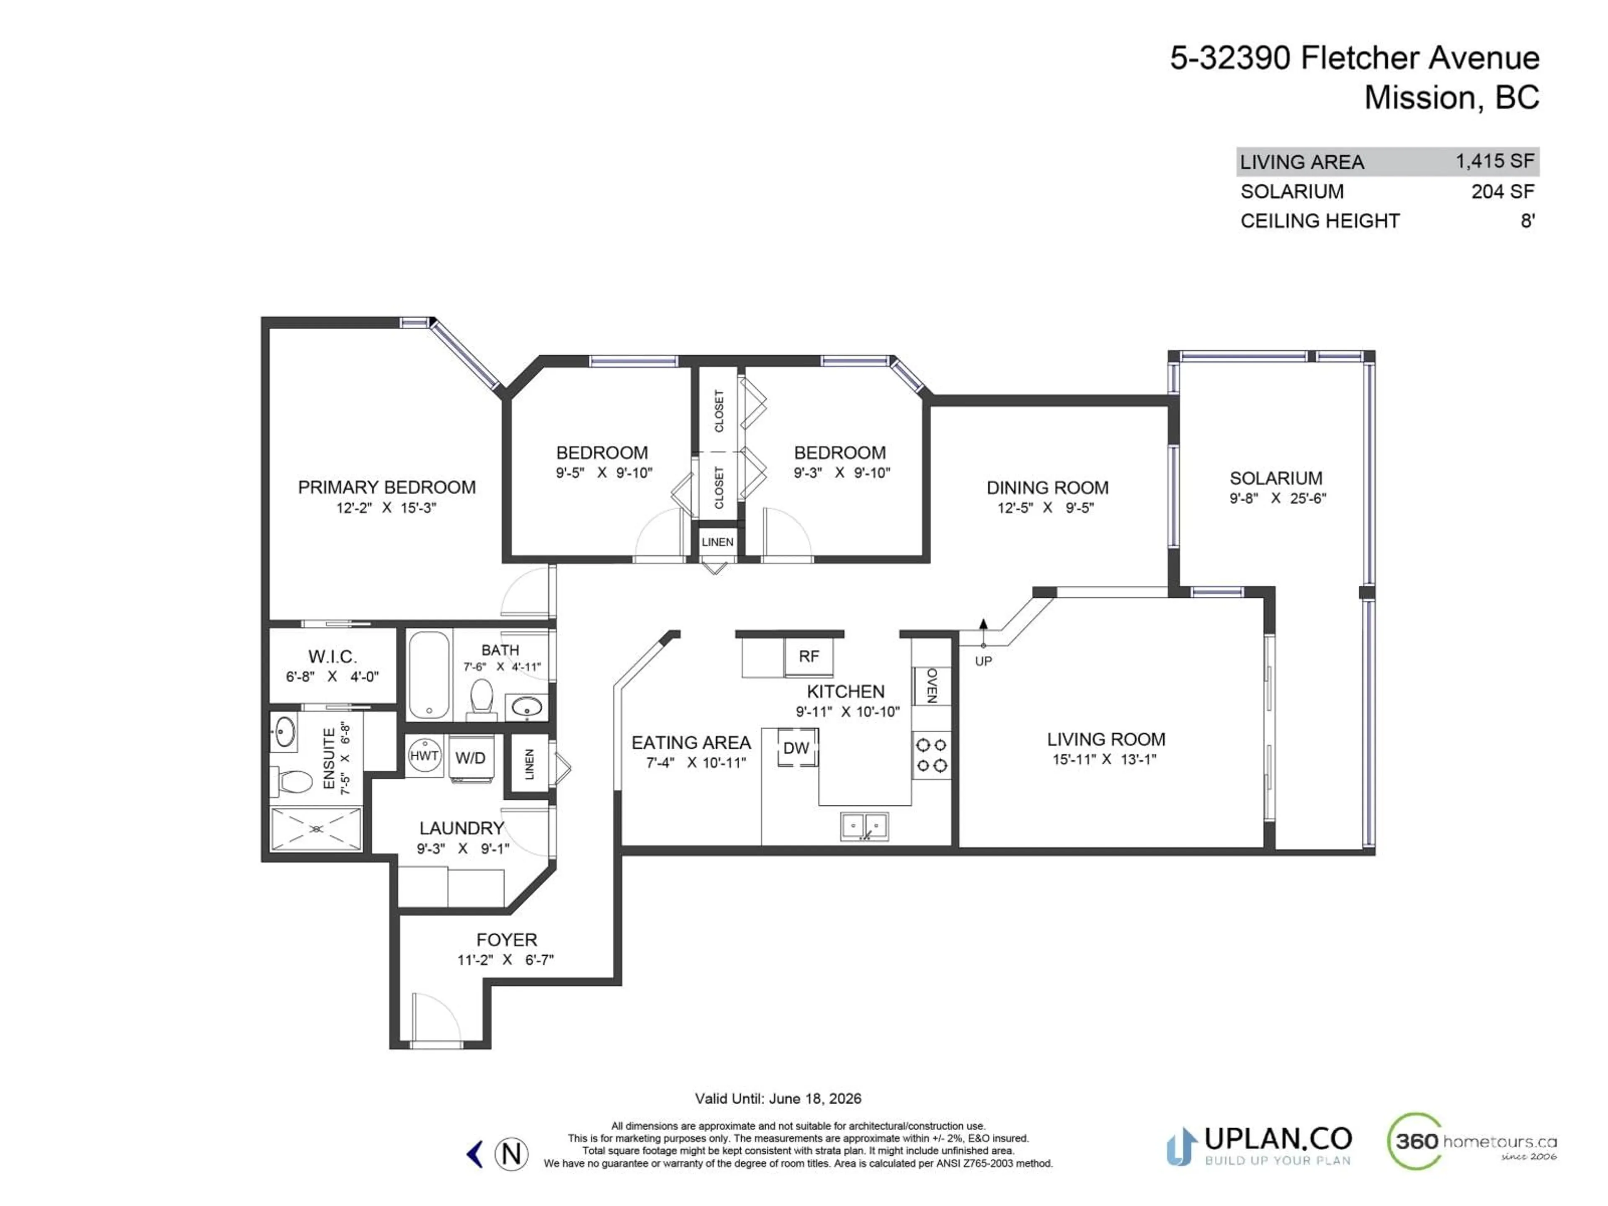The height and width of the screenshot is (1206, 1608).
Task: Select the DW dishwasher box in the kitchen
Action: coord(797,747)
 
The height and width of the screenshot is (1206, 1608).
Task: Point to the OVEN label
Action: coord(932,685)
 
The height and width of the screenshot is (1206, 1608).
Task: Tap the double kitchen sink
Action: coord(864,827)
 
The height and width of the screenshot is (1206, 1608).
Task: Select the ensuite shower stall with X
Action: coord(316,829)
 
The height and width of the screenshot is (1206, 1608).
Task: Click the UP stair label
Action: coord(983,661)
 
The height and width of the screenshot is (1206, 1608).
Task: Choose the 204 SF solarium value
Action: coord(1502,191)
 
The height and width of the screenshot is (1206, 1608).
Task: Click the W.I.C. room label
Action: coord(332,657)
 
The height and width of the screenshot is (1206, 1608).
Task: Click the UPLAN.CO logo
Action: coord(1259,1147)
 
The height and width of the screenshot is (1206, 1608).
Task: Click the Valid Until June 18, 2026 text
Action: coord(778,1098)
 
